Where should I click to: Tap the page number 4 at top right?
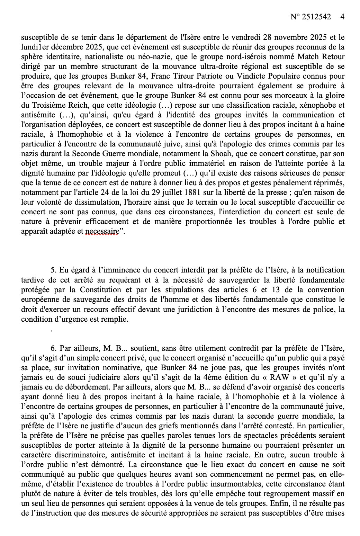342,17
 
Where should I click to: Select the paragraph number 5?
53,270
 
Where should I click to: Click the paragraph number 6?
53,348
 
